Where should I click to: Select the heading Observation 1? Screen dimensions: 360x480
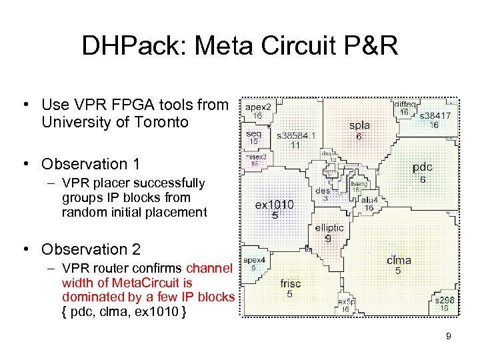[x=91, y=164]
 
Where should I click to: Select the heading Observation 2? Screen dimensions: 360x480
[x=91, y=249]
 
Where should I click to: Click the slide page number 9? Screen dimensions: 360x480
[x=449, y=337]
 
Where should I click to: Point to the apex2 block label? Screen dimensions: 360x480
[x=258, y=107]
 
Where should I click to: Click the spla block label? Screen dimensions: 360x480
[x=359, y=125]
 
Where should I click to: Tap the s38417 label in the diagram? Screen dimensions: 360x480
[x=434, y=115]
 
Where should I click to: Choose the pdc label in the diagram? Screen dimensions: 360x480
[x=423, y=167]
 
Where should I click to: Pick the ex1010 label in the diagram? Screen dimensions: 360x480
[x=274, y=205]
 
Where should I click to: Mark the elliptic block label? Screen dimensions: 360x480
[x=329, y=227]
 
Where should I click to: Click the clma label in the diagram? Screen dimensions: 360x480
[x=399, y=260]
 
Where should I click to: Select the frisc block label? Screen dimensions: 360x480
[x=290, y=283]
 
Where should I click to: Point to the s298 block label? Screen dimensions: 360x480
[x=444, y=300]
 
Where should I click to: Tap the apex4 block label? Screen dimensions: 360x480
[x=254, y=260]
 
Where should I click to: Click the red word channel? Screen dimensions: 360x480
[x=209, y=269]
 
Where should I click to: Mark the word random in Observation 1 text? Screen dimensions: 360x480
[x=82, y=213]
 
